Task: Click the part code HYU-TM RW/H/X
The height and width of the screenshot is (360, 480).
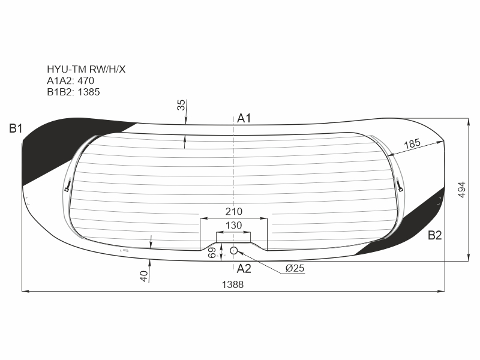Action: point(86,70)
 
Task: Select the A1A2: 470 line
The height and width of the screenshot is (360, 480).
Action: point(70,81)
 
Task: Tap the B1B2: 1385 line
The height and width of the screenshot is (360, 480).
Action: point(73,92)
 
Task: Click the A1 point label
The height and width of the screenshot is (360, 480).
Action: point(244,118)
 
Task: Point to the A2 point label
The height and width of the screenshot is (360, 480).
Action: point(244,268)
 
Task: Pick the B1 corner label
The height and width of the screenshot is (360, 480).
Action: point(16,128)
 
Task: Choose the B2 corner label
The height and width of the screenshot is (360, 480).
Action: point(434,235)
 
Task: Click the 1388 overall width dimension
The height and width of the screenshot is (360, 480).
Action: point(233,284)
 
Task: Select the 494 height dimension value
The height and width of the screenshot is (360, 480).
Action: point(462,190)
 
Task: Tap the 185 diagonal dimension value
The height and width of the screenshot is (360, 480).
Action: point(412,143)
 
